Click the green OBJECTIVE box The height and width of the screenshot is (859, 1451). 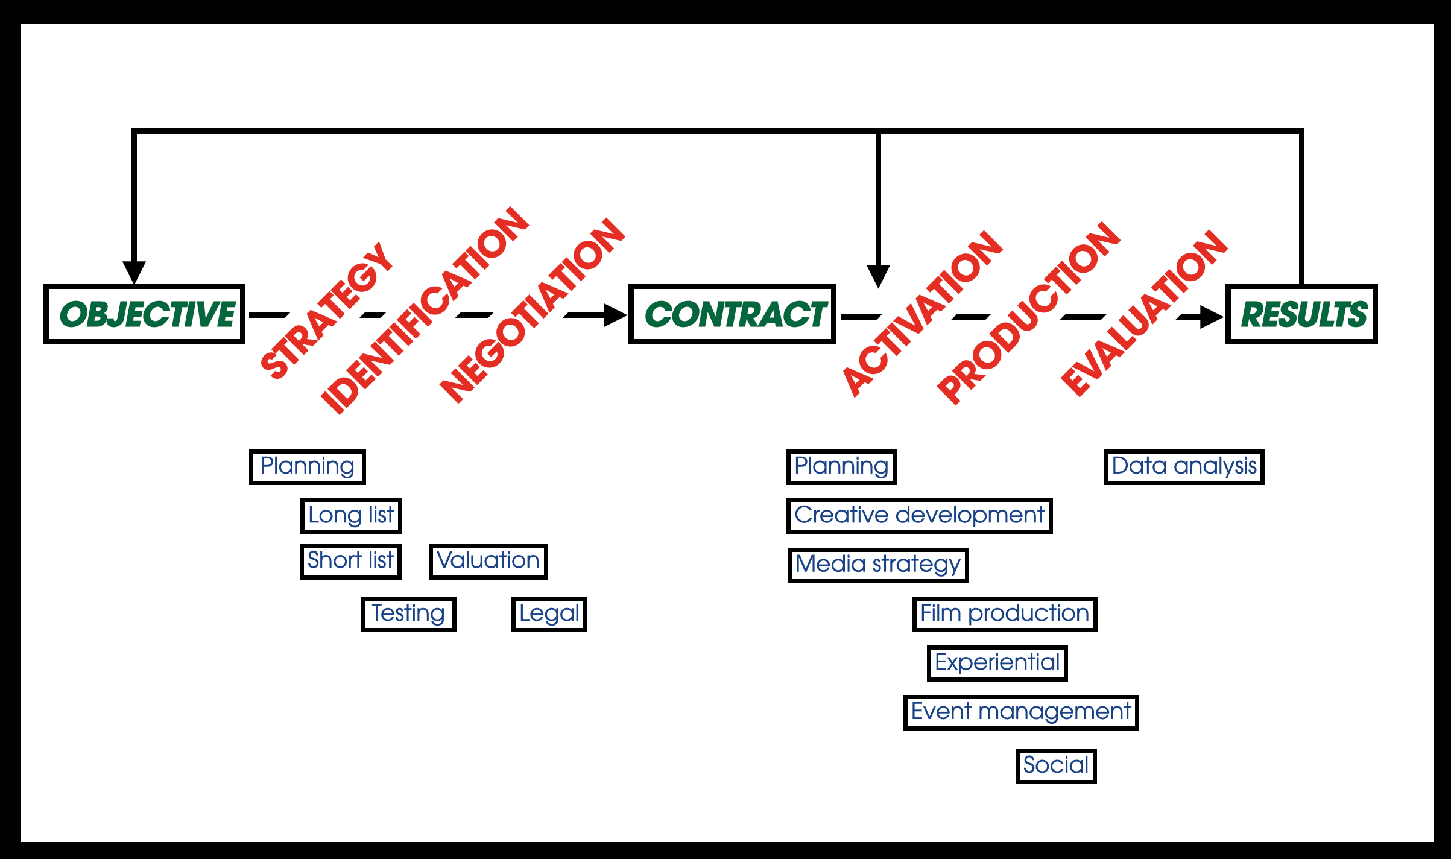pos(144,314)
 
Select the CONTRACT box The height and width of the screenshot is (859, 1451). pos(732,314)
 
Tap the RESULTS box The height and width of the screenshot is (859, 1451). pos(1301,314)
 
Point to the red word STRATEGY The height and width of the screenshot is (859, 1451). pos(326,310)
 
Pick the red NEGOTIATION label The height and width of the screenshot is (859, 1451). pos(532,310)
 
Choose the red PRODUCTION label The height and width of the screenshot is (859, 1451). pos(1028,313)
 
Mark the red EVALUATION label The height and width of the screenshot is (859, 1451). pos(1143,313)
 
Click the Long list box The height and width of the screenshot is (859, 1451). pos(351,516)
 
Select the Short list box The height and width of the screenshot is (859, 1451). pos(350,561)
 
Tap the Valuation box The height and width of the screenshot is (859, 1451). pos(488,561)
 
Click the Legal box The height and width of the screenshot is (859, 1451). pos(549,614)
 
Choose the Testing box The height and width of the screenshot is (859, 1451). pos(408,614)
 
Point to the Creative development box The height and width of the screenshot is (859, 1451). pos(919,516)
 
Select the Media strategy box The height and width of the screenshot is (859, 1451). pos(877,565)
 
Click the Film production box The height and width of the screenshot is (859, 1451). pos(1004,614)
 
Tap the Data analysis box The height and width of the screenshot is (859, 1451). pos(1184,467)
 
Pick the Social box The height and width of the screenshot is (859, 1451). pos(1055,766)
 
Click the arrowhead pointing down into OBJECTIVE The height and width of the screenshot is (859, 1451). pos(134,271)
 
